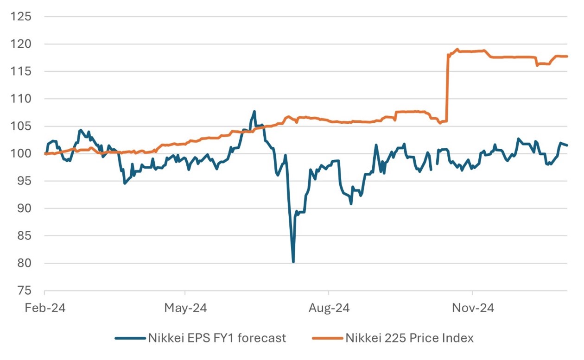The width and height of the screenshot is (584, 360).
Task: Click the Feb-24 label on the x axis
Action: [x=44, y=308]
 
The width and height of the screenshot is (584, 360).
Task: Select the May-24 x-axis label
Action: [x=185, y=308]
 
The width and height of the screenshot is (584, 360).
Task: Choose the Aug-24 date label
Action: [x=329, y=308]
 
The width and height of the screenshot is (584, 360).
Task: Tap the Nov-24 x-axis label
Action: [x=472, y=308]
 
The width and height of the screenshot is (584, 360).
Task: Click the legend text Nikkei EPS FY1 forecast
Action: [x=216, y=338]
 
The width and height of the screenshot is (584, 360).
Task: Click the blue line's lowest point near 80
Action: [x=293, y=262]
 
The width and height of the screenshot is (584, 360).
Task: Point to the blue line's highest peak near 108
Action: [x=254, y=112]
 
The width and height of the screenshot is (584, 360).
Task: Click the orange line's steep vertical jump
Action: [x=447, y=88]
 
